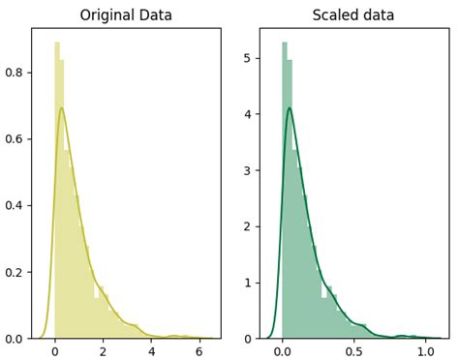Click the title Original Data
126,15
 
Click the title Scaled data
353,15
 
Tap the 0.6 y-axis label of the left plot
15,137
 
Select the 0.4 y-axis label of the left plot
15,204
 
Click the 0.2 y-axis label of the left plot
15,272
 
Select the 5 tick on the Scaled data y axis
248,58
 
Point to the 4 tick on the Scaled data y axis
248,114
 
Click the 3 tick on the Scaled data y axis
248,170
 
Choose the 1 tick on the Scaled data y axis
248,283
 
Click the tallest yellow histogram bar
57,194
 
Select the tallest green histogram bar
285,194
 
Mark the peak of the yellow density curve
62,107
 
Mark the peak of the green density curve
289,107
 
